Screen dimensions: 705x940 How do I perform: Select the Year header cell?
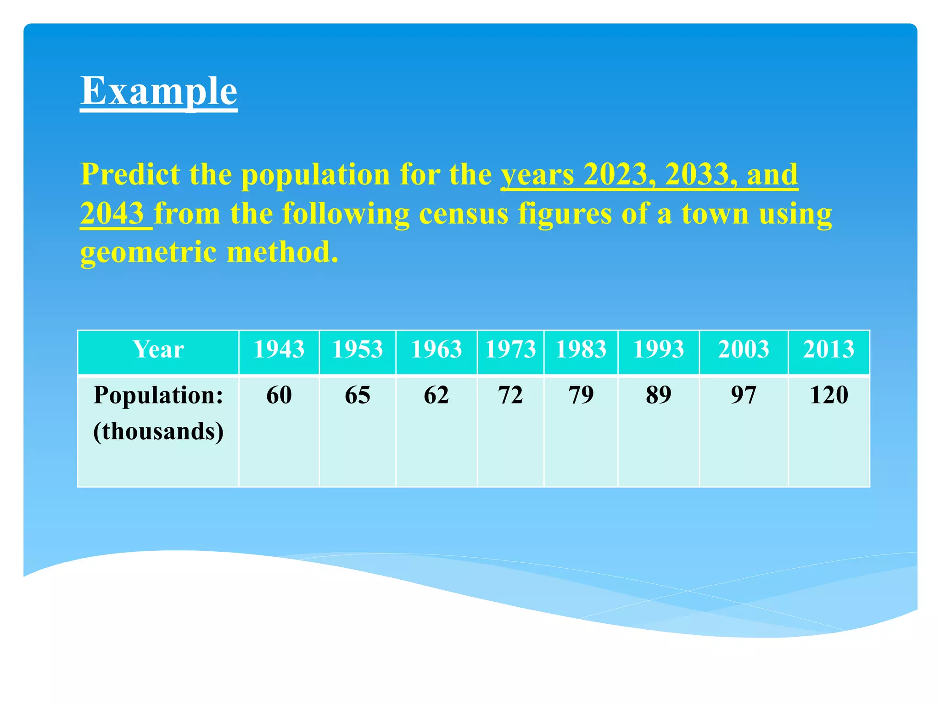coord(158,349)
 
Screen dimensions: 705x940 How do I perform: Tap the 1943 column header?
coord(279,349)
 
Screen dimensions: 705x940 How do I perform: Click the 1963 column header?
coord(436,349)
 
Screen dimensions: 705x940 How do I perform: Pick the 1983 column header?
coord(581,349)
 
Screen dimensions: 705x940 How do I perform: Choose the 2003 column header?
coord(744,349)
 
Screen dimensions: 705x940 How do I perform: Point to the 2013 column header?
coord(828,349)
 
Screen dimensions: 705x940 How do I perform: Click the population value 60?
coord(279,395)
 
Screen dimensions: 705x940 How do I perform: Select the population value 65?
coord(357,395)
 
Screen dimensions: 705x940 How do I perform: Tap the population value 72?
coord(510,395)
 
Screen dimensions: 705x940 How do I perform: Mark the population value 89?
coord(658,395)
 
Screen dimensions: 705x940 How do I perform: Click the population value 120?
coord(828,395)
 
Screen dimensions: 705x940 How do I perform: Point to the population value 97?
coord(744,395)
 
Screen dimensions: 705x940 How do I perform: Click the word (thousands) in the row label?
coord(158,431)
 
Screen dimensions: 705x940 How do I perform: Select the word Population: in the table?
coord(158,395)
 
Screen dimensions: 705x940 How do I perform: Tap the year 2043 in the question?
coord(112,213)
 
